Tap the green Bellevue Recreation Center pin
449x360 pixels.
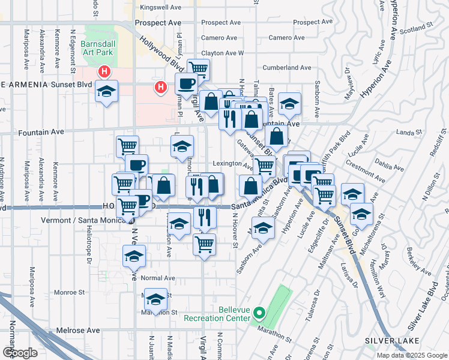259,312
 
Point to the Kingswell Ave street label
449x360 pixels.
160,8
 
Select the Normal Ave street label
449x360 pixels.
157,278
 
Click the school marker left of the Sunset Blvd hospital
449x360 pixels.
107,91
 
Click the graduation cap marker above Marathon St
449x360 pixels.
156,300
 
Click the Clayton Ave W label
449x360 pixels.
222,53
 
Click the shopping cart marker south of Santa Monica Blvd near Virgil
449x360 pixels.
205,244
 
